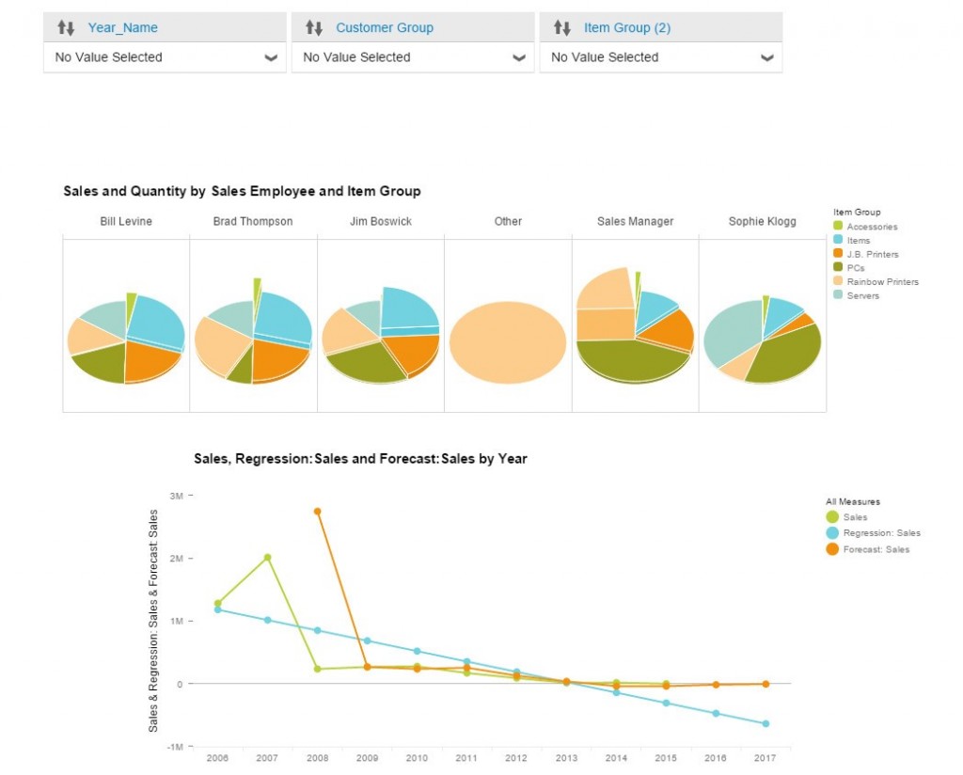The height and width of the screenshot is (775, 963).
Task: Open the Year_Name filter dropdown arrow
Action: (271, 57)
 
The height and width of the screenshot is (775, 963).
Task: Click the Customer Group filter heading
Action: (384, 27)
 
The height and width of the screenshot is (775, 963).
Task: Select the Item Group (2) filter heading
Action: (626, 27)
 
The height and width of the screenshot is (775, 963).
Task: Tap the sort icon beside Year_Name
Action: (66, 27)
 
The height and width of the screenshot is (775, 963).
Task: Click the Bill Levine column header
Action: (126, 221)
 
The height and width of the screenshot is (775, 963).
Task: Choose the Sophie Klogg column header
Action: (762, 221)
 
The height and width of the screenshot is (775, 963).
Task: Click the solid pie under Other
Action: (508, 342)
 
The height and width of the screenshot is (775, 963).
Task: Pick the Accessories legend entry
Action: (871, 227)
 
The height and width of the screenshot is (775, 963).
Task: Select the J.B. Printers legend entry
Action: (871, 254)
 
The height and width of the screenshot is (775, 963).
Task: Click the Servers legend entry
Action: (861, 295)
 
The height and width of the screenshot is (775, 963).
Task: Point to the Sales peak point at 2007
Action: (267, 557)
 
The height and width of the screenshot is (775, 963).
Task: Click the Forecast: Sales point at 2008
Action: (317, 511)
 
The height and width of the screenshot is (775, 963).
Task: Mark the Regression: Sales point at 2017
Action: (766, 723)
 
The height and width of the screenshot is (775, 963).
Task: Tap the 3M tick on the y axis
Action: (177, 496)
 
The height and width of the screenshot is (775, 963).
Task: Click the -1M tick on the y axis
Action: (176, 747)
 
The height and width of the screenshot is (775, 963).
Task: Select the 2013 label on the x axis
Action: (566, 758)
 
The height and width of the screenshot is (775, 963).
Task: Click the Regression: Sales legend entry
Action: (880, 533)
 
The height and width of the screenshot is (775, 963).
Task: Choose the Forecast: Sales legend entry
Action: (876, 549)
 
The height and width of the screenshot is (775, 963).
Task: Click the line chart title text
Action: (360, 459)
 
